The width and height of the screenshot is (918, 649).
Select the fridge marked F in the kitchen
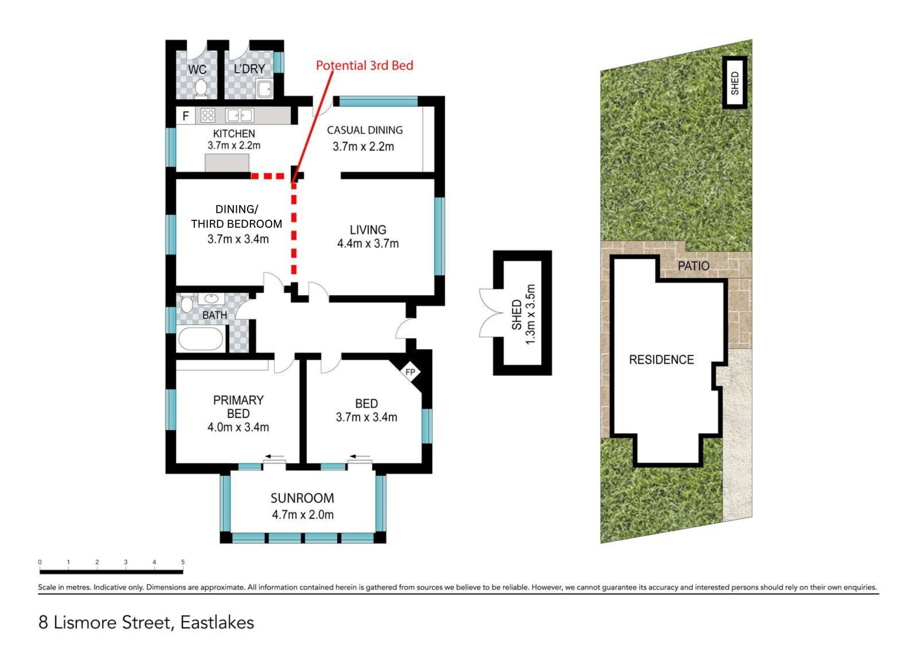coord(186,116)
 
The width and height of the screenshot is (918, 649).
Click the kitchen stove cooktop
coord(208,116)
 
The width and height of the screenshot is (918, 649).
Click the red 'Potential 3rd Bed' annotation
coord(365,66)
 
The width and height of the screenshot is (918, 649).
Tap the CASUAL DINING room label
coord(365,130)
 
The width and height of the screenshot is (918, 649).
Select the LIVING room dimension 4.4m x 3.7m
coord(368,243)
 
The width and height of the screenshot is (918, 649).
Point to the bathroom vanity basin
coord(211,298)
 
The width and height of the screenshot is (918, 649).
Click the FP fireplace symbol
coord(410,372)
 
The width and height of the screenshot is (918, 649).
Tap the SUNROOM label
coord(302,498)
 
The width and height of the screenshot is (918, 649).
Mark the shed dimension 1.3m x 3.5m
coord(530,314)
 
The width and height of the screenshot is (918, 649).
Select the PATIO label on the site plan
coord(694,266)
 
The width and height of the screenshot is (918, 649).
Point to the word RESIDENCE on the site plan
coord(661,360)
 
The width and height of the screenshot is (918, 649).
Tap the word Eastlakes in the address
coord(217,623)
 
